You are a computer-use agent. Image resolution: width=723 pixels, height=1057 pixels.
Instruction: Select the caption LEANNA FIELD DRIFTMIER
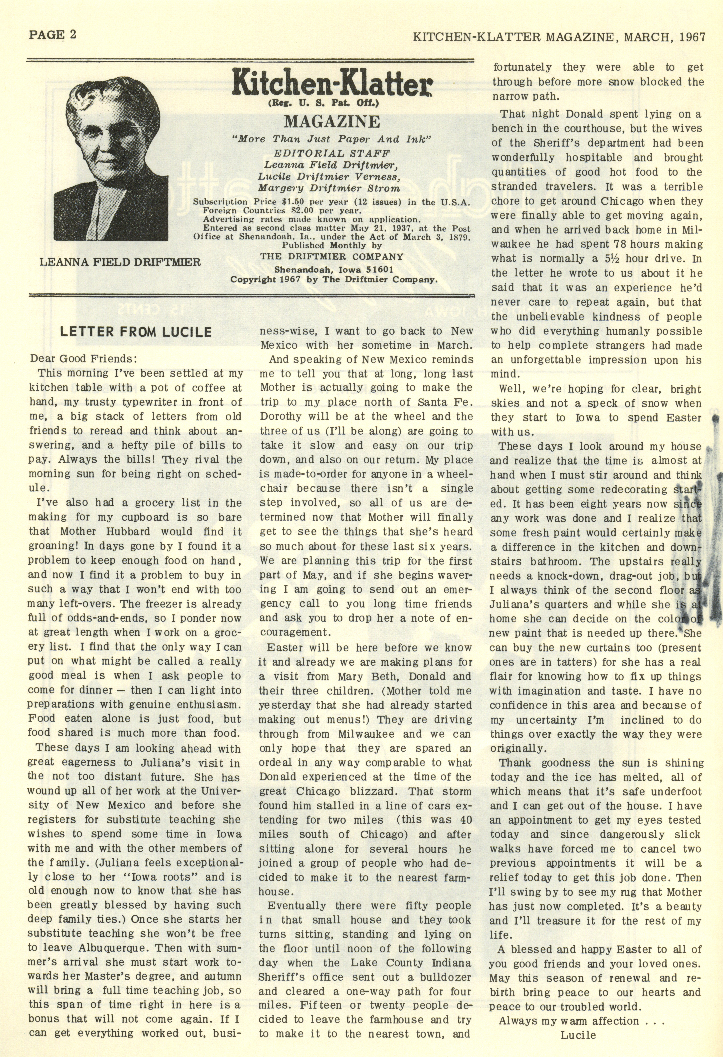click(x=120, y=262)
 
